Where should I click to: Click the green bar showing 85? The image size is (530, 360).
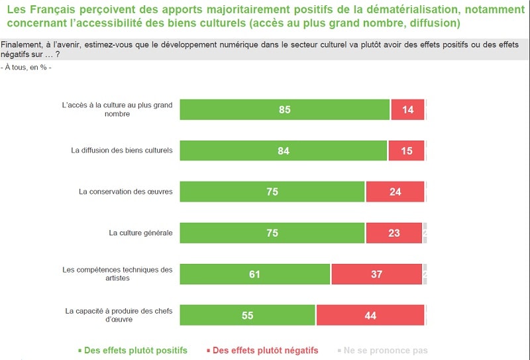pyautogui.click(x=284, y=109)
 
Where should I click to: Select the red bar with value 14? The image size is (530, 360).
pyautogui.click(x=407, y=109)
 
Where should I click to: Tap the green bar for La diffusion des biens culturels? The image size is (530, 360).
pyautogui.click(x=283, y=150)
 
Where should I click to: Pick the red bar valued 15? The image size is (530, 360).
pyautogui.click(x=406, y=150)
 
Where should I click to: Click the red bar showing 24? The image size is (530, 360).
pyautogui.click(x=395, y=192)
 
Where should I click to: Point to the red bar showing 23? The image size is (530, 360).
pyautogui.click(x=394, y=233)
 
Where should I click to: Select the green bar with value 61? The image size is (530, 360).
pyautogui.click(x=254, y=274)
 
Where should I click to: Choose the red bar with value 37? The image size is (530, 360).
pyautogui.click(x=376, y=274)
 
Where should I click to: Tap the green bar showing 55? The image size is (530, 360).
pyautogui.click(x=247, y=315)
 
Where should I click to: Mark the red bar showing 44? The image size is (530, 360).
pyautogui.click(x=370, y=315)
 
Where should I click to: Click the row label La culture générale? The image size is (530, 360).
pyautogui.click(x=140, y=233)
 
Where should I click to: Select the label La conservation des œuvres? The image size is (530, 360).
pyautogui.click(x=125, y=192)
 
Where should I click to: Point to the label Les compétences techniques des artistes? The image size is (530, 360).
pyautogui.click(x=117, y=274)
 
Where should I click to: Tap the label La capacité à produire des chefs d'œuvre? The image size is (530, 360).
pyautogui.click(x=119, y=315)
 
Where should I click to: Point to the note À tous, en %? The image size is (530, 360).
pyautogui.click(x=26, y=68)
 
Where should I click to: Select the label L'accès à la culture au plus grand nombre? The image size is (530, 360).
pyautogui.click(x=117, y=109)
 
